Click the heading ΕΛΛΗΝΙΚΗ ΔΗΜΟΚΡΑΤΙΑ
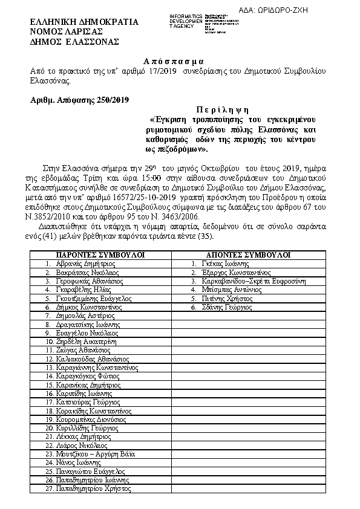(x=85, y=22)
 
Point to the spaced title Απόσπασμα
(x=174, y=62)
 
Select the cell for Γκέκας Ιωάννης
(x=224, y=264)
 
